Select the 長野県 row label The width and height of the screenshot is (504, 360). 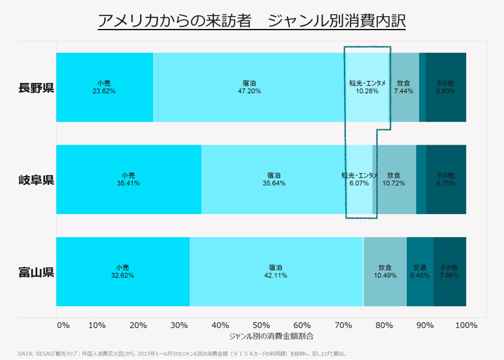[36, 87]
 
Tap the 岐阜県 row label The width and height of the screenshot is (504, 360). [36, 179]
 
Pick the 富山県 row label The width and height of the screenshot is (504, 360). [36, 272]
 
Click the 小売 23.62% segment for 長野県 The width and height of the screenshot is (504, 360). [104, 87]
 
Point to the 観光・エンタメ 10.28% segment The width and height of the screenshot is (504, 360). [368, 87]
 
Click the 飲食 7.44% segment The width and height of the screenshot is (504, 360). [404, 87]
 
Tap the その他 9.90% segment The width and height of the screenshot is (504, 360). [446, 87]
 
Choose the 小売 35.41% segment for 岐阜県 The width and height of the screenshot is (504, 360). [129, 179]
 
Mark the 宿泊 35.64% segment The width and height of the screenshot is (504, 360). [274, 179]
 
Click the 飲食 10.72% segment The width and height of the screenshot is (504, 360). [394, 179]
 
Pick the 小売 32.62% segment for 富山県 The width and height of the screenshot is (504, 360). [123, 272]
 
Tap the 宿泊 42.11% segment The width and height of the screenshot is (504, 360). [276, 272]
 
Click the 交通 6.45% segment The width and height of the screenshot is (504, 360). [420, 272]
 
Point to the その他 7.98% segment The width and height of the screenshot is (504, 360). [449, 272]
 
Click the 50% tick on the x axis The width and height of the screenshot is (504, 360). [261, 325]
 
